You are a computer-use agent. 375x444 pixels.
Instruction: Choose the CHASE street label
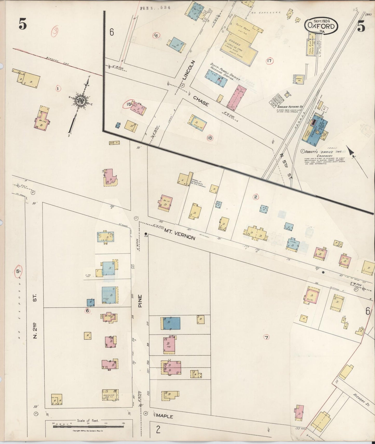[x=201, y=101]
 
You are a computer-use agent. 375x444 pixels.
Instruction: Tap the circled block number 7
[x=266, y=337]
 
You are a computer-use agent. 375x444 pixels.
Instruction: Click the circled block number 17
[x=270, y=61]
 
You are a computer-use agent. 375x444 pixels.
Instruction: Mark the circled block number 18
[x=209, y=138]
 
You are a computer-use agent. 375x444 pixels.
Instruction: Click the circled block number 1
[x=58, y=89]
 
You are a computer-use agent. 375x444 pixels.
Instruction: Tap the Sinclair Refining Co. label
[x=290, y=106]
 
